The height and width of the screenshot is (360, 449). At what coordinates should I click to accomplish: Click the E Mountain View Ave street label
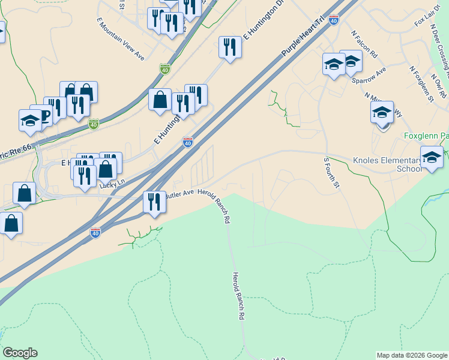click(121, 38)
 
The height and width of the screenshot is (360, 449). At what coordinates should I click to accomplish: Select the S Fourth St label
click(331, 173)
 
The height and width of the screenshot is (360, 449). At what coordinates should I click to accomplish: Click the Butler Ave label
click(179, 196)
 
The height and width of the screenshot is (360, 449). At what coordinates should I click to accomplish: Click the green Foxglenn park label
click(426, 136)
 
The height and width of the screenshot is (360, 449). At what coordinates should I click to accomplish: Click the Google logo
click(20, 353)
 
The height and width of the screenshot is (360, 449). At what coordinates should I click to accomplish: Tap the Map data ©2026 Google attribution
click(412, 355)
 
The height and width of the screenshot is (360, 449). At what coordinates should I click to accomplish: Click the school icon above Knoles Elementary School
click(432, 157)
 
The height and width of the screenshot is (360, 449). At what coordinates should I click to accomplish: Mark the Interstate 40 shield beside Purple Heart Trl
click(334, 20)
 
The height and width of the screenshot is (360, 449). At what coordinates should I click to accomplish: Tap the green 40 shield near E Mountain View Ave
click(164, 70)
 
